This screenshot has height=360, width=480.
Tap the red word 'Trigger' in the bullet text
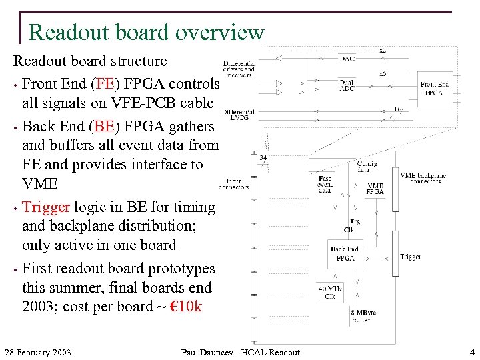[49, 207]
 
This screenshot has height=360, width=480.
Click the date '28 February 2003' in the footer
[38, 352]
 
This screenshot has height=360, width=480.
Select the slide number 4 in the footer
[471, 351]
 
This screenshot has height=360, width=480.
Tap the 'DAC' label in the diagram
[347, 59]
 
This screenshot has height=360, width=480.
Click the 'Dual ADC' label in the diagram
[347, 85]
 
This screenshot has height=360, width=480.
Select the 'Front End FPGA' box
[435, 89]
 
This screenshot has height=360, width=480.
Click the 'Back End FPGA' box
[344, 253]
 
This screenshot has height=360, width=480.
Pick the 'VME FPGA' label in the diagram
[375, 189]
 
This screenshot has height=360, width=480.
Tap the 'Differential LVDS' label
[238, 114]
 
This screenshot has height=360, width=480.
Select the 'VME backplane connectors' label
[423, 179]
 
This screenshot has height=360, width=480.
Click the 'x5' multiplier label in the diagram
[383, 74]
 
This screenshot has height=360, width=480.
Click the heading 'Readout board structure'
[90, 61]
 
